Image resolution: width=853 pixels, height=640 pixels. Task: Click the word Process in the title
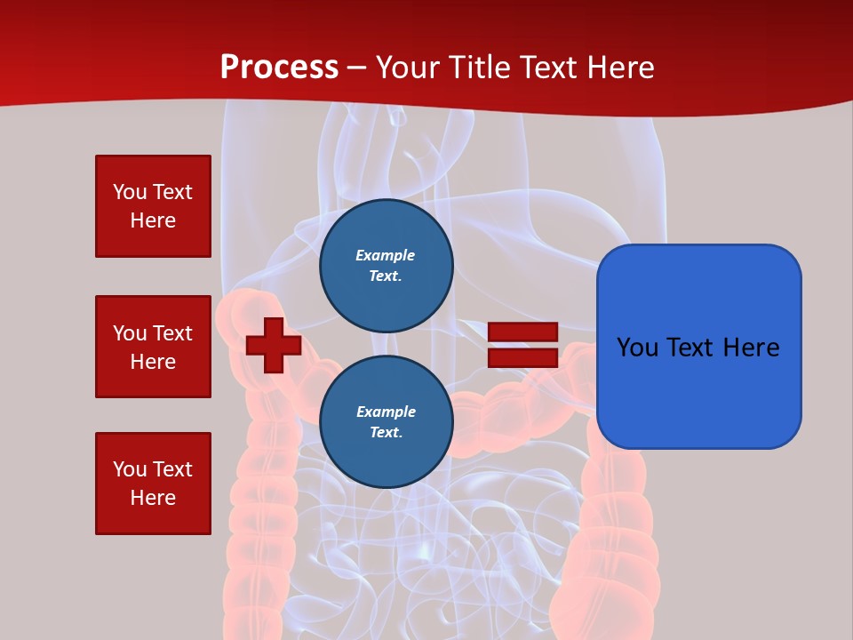click(x=279, y=68)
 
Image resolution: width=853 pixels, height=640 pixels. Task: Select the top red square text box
click(x=153, y=206)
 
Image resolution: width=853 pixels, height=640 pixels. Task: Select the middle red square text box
click(x=153, y=347)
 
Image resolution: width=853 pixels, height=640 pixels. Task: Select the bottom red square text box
click(x=153, y=484)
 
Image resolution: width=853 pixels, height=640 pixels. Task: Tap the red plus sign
click(x=274, y=345)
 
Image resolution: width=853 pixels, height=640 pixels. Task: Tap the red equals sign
click(x=522, y=345)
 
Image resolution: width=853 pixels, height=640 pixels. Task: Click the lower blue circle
click(x=387, y=421)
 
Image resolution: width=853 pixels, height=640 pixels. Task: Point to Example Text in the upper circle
click(x=386, y=265)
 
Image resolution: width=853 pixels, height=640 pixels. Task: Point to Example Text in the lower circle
click(x=386, y=421)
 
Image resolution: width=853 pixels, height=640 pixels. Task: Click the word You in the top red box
click(x=129, y=192)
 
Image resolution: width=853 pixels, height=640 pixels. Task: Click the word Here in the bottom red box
click(x=153, y=498)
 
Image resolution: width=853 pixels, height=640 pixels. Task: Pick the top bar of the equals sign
click(x=522, y=332)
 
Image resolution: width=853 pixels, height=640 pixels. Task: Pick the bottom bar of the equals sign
click(x=522, y=357)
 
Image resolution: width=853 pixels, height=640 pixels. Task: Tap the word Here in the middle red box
click(x=153, y=362)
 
